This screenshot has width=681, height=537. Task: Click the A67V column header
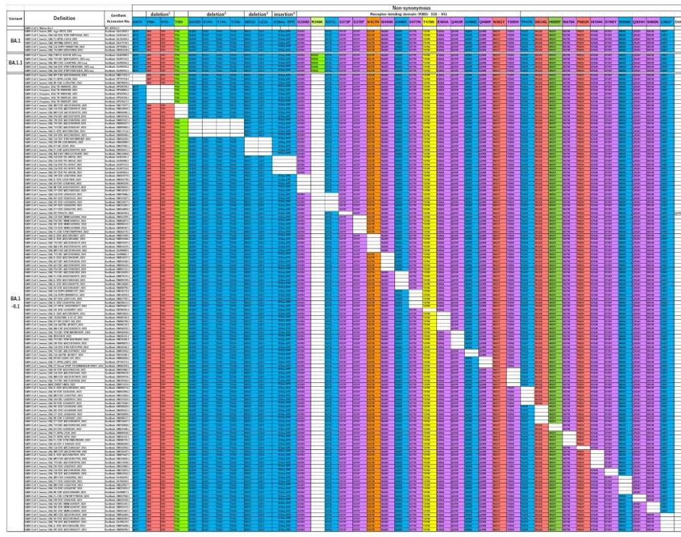138,21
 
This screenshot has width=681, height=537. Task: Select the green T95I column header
179,21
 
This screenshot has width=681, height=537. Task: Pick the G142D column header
194,21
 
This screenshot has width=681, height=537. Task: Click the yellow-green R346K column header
317,21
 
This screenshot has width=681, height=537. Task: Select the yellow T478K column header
429,21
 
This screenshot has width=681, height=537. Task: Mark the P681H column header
583,21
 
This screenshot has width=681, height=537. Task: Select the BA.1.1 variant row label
15,62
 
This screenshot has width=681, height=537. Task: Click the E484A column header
443,21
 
